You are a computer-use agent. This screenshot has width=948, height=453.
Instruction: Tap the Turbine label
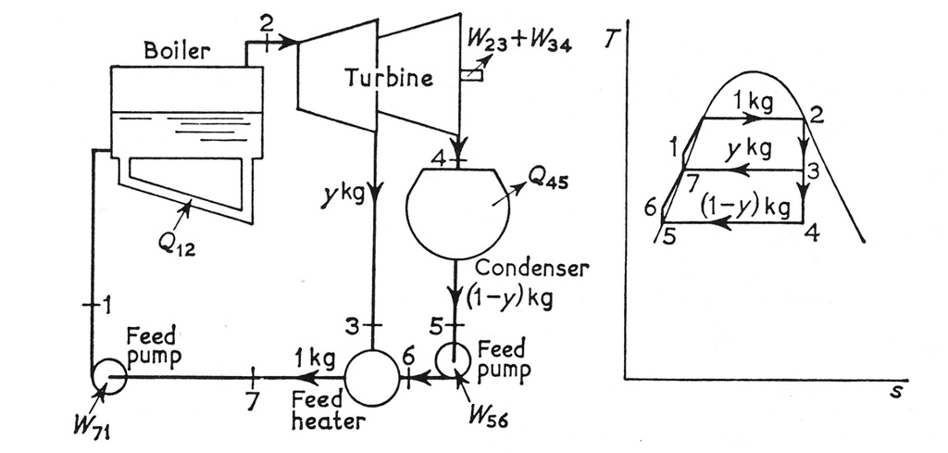(x=389, y=78)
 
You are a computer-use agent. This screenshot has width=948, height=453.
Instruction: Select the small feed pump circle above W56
(x=454, y=359)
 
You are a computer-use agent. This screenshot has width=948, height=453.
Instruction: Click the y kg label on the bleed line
(x=354, y=195)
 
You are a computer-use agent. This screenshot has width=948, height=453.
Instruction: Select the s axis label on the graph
(x=894, y=392)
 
